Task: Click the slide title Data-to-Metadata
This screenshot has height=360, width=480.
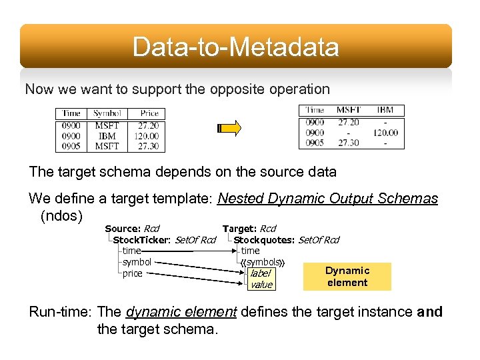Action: (x=235, y=47)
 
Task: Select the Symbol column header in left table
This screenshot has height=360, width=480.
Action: (x=107, y=113)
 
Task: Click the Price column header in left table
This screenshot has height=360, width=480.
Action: (x=149, y=113)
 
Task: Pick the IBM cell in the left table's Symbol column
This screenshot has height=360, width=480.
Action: (x=107, y=136)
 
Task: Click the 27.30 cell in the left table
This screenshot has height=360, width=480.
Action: (x=147, y=146)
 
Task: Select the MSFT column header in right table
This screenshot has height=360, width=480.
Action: (x=349, y=110)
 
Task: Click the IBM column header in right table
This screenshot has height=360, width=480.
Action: (x=385, y=110)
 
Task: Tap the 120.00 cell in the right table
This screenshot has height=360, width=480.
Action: (x=385, y=133)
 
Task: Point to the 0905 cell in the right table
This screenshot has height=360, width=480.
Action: (x=315, y=143)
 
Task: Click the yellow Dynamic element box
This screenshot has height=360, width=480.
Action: (x=347, y=276)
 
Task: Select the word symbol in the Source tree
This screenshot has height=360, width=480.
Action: (x=137, y=262)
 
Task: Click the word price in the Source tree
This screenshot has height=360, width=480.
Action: (x=132, y=273)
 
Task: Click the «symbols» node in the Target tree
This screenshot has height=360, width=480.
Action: (x=262, y=262)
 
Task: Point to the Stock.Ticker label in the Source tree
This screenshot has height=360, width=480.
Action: (x=141, y=240)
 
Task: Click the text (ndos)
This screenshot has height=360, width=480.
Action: (x=61, y=216)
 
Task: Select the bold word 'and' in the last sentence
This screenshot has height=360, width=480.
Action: (x=429, y=311)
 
